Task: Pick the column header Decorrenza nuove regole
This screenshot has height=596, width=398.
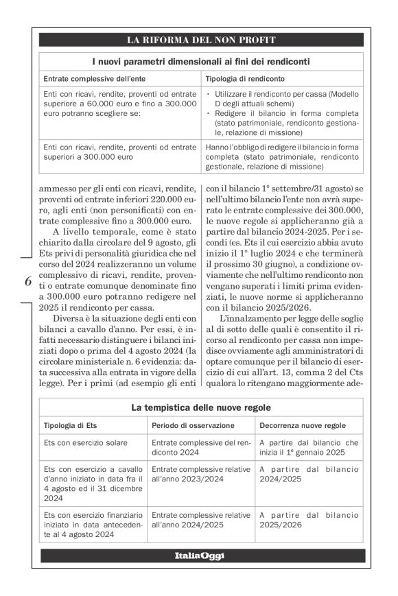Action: [x=302, y=426]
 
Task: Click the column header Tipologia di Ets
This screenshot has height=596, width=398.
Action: [x=74, y=426]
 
